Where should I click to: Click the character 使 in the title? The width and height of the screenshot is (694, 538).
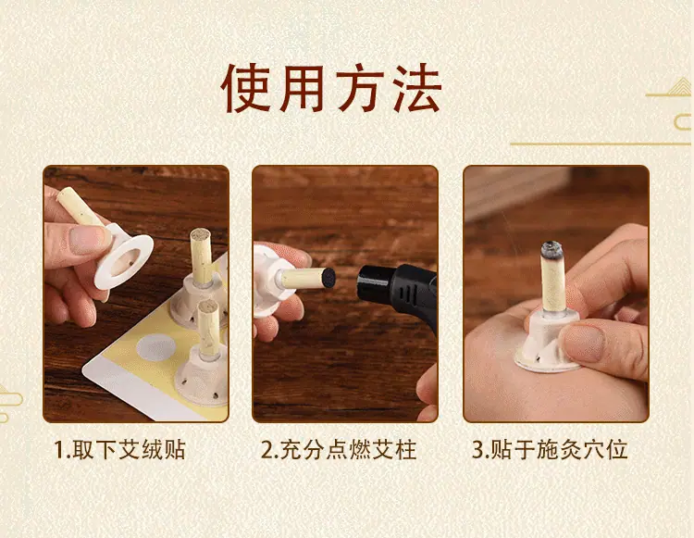click(245, 90)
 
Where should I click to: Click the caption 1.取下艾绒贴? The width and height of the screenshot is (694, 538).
click(119, 449)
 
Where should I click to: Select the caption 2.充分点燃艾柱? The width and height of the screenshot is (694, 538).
click(339, 449)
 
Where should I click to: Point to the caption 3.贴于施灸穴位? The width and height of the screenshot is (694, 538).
click(550, 449)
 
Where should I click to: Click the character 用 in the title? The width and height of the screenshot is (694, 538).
click(303, 90)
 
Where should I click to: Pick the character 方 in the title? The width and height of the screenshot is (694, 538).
click(358, 90)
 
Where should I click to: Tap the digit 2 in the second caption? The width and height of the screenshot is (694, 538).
click(266, 450)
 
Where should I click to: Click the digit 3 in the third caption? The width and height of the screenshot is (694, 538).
click(478, 450)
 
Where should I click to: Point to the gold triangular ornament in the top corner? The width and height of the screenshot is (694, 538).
click(678, 87)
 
